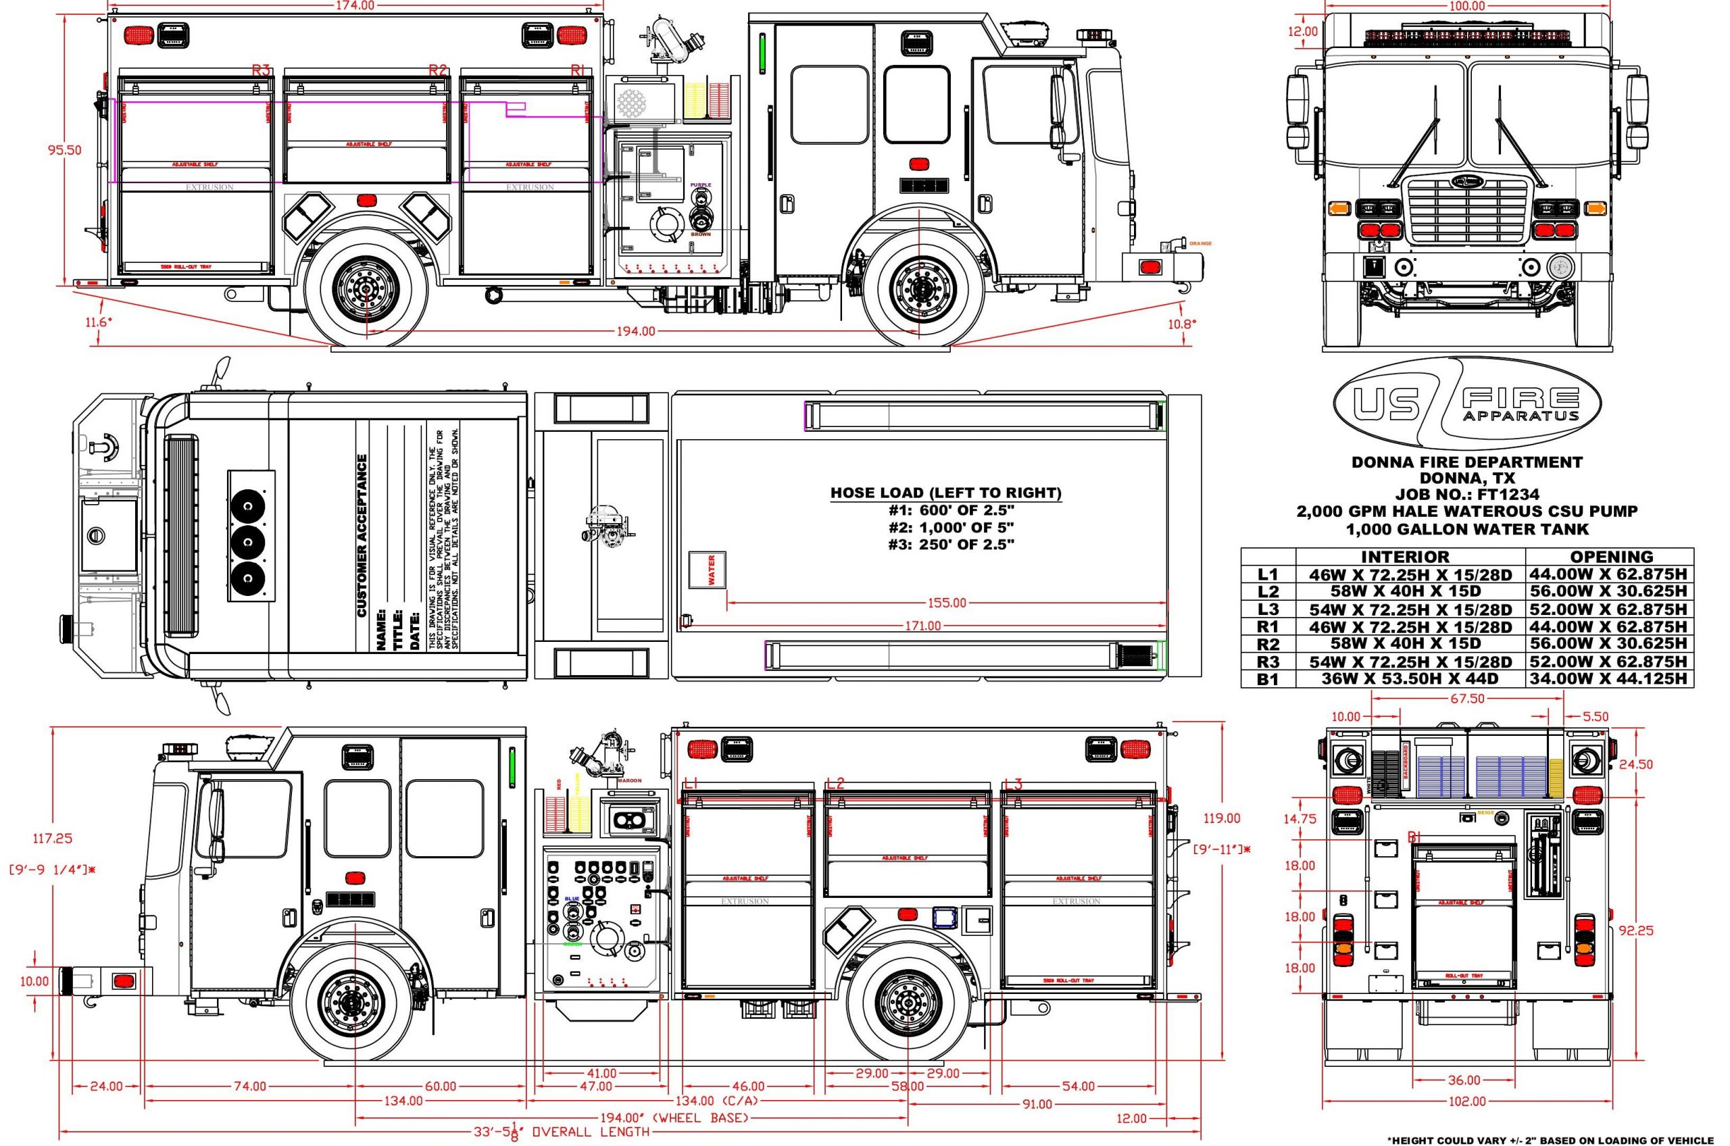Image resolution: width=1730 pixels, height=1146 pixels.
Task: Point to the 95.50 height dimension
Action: pyautogui.click(x=65, y=151)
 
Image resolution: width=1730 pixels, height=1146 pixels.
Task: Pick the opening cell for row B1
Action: pyautogui.click(x=1610, y=679)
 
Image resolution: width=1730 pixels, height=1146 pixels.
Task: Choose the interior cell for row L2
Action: pyautogui.click(x=1410, y=591)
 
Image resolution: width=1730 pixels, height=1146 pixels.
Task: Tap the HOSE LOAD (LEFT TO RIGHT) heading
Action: pyautogui.click(x=946, y=493)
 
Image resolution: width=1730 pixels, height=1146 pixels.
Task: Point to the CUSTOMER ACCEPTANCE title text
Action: pyautogui.click(x=362, y=536)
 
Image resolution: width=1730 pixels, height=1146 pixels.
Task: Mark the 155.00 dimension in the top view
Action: pyautogui.click(x=947, y=603)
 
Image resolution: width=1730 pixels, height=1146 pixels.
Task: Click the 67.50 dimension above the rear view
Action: pyautogui.click(x=1467, y=699)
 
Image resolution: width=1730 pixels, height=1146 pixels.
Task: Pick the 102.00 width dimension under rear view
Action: pyautogui.click(x=1467, y=1122)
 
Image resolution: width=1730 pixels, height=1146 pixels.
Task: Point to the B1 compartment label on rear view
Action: pyautogui.click(x=1414, y=838)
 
